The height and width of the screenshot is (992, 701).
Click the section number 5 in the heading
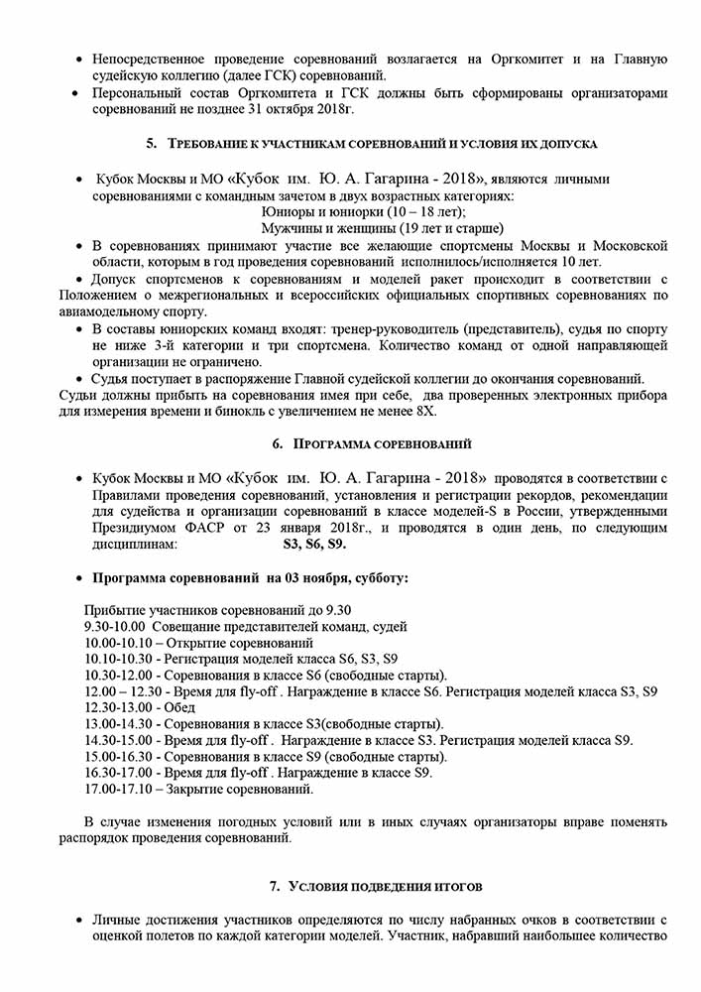pyautogui.click(x=151, y=144)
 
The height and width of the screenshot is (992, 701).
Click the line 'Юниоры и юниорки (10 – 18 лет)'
pyautogui.click(x=362, y=212)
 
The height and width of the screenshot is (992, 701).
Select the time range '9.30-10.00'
pyautogui.click(x=116, y=626)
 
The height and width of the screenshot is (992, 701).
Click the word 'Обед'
pyautogui.click(x=178, y=707)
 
